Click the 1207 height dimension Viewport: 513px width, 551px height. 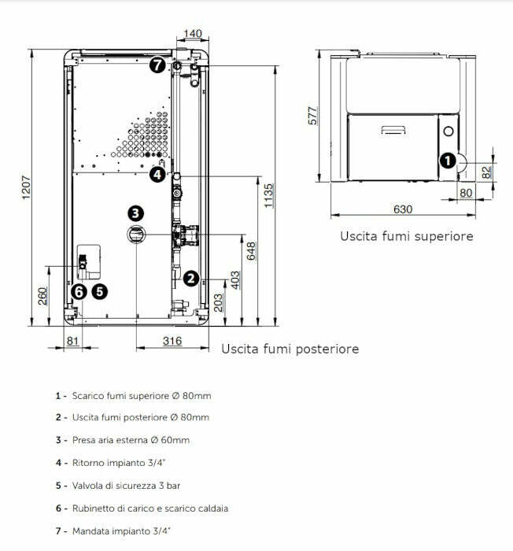click(22, 189)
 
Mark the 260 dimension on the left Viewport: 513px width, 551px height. click(43, 295)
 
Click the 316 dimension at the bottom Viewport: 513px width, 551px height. click(172, 341)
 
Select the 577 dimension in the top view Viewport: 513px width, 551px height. click(312, 116)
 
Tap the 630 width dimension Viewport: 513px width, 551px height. click(402, 209)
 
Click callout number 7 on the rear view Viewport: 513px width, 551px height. click(158, 65)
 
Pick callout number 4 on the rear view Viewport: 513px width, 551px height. click(157, 174)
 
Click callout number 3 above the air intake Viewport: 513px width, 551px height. click(136, 213)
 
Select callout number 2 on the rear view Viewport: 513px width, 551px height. click(190, 278)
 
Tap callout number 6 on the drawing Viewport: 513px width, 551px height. click(78, 291)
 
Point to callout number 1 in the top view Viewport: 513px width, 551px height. click(447, 161)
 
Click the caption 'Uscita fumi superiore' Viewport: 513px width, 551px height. click(406, 235)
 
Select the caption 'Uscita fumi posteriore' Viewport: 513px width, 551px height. click(290, 348)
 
